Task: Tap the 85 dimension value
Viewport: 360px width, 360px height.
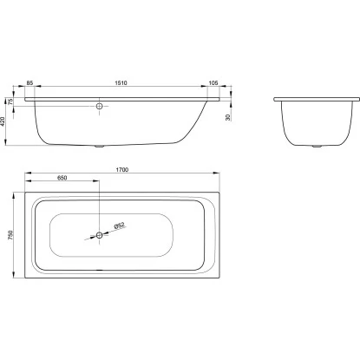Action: (30, 83)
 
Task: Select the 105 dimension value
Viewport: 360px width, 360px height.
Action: (214, 83)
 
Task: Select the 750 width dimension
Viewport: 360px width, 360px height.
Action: (7, 234)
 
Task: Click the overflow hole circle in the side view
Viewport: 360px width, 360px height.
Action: (101, 107)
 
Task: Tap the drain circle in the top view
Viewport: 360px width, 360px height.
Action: (101, 234)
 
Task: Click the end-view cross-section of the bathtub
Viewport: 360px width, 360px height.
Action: (311, 121)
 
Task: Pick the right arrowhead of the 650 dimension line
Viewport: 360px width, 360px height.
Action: (98, 183)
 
